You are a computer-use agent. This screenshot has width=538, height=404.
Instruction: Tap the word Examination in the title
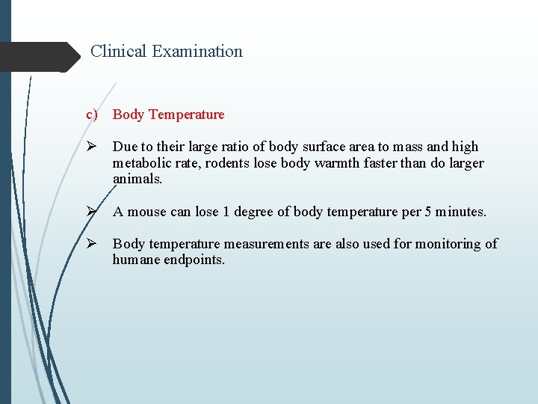pyautogui.click(x=197, y=52)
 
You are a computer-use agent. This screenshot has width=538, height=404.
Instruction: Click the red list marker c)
pyautogui.click(x=92, y=114)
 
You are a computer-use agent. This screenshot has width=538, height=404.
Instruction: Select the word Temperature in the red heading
pyautogui.click(x=186, y=114)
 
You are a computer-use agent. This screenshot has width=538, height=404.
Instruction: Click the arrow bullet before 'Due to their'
pyautogui.click(x=92, y=147)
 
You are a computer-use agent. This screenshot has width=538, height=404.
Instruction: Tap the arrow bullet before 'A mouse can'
pyautogui.click(x=92, y=212)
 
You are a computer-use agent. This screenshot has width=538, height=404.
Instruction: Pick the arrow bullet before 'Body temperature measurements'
pyautogui.click(x=92, y=244)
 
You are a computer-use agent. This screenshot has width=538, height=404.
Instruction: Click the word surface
pyautogui.click(x=327, y=147)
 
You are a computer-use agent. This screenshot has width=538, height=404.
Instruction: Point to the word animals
pyautogui.click(x=137, y=180)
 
